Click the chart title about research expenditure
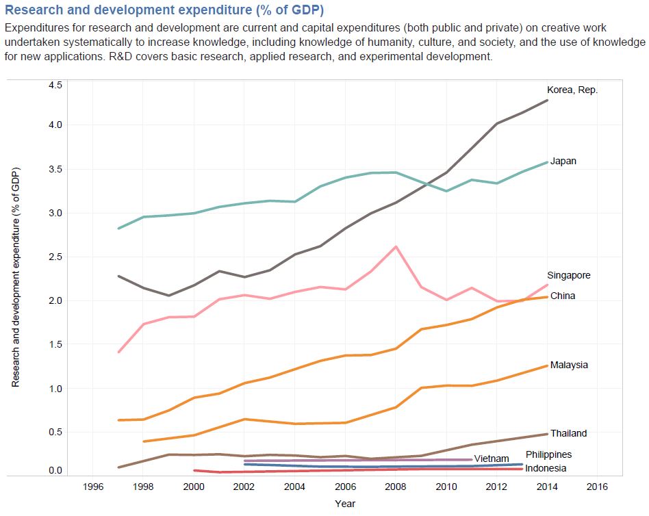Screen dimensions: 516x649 (164, 10)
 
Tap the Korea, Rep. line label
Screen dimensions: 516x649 (572, 90)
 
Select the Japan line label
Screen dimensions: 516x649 (563, 162)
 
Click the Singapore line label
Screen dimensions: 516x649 (568, 275)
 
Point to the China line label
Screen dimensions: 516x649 (563, 296)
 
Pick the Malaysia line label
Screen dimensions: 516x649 (569, 365)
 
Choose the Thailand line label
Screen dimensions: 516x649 (568, 433)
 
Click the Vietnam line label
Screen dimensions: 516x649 (492, 459)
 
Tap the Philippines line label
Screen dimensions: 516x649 (548, 454)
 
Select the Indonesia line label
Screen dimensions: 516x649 (546, 468)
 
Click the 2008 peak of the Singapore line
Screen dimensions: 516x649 (396, 246)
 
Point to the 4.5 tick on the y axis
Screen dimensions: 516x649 (55, 86)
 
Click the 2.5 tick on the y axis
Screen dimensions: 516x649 (55, 257)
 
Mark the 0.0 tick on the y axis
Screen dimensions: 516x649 (55, 471)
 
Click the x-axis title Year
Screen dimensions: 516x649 (345, 504)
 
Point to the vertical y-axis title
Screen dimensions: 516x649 (15, 277)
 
